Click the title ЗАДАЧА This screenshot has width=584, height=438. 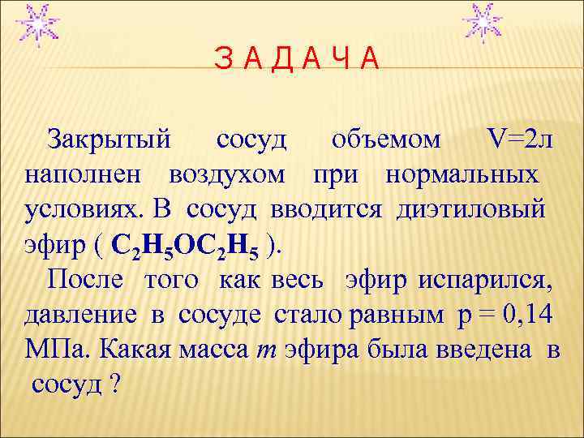point(295,58)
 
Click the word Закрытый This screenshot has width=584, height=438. point(109,140)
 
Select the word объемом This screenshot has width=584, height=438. point(387,140)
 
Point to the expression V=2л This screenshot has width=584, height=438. point(519,140)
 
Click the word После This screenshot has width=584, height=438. point(85,280)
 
